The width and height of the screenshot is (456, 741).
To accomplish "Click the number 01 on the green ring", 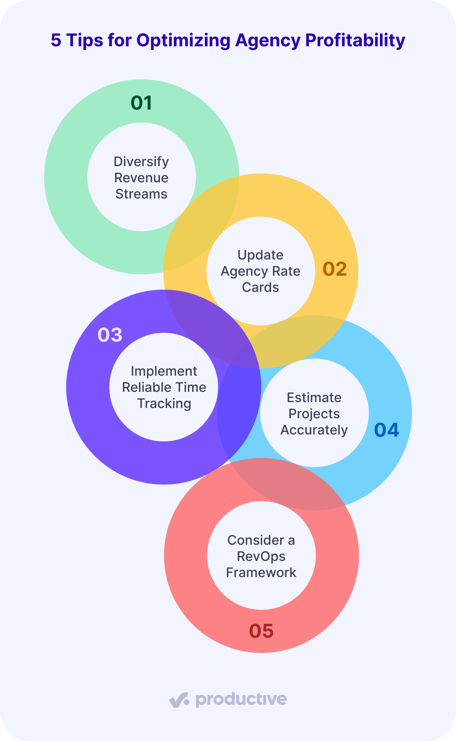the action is coord(142,103).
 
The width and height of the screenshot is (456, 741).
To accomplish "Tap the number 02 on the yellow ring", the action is coord(335,269).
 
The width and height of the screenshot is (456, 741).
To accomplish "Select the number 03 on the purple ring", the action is coord(110,335).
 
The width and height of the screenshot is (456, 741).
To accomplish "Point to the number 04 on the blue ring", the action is coord(386,430).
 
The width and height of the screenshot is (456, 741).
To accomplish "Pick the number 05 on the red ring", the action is coord(261,631).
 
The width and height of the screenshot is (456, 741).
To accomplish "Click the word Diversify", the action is coord(141,162).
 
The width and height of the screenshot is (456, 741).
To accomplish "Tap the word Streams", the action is coord(141,194).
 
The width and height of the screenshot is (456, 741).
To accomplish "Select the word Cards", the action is coord(260,287).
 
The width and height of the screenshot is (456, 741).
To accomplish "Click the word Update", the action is coord(260,255).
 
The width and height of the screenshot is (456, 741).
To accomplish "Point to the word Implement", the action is coord(164,371).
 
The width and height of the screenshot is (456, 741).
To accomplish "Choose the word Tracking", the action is coord(164,404).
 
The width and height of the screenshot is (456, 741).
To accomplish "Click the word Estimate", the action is coord(314,398).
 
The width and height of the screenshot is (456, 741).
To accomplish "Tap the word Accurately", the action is coord(314,430).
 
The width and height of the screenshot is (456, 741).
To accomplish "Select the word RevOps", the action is coord(261,556).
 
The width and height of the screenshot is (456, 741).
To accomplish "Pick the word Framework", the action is coord(261,573).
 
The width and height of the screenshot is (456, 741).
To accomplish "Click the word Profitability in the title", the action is coord(356,40).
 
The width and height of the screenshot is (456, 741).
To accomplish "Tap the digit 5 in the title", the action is coord(56,40).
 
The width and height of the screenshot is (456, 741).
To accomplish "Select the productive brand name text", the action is coord(241,699).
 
